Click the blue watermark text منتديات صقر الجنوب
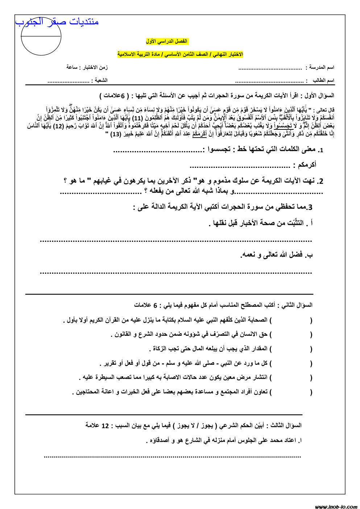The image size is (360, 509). tap(57, 22)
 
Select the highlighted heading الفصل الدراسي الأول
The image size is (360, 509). tap(167, 41)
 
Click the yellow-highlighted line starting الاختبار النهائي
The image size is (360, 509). tap(180, 54)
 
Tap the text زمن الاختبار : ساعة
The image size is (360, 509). tap(87, 67)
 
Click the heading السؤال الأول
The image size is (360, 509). tap(319, 96)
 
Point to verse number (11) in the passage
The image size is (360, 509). tap(137, 118)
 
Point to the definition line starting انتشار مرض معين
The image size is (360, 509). tap(176, 377)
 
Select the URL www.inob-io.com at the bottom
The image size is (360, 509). tap(336, 506)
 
